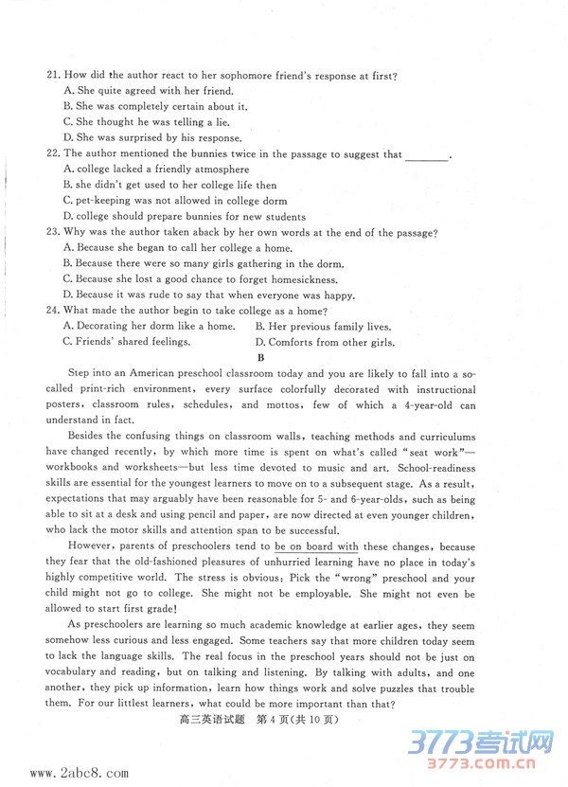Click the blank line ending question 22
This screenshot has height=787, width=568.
click(x=426, y=155)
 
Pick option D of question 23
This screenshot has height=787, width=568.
click(x=208, y=295)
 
